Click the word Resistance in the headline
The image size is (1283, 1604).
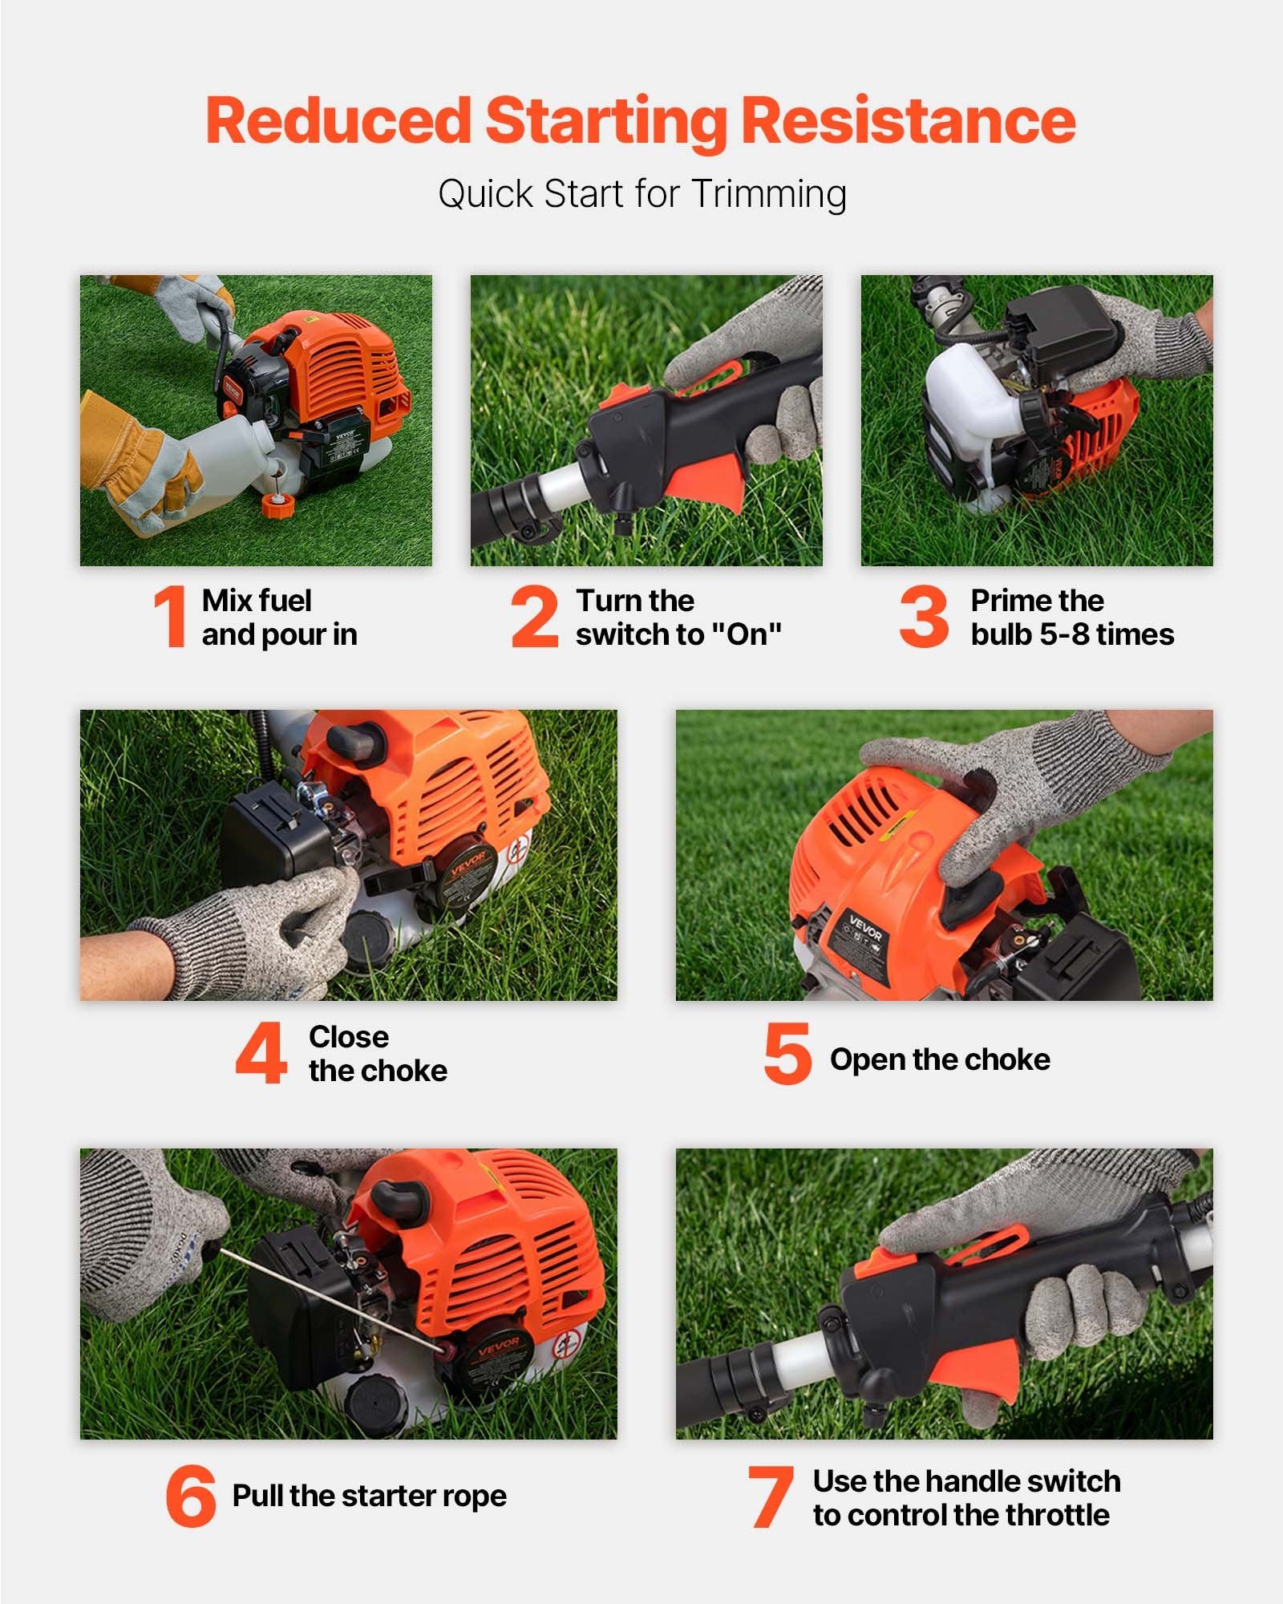point(908,120)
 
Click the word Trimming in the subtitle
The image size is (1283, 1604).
point(769,194)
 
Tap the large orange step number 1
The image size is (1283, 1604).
point(171,616)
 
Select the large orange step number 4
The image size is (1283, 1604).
point(261,1052)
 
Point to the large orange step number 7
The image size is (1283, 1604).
point(771,1497)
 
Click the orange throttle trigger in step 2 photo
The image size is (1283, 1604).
point(703,483)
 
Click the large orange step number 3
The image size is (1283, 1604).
point(924,616)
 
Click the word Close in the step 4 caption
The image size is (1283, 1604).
point(349,1036)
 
